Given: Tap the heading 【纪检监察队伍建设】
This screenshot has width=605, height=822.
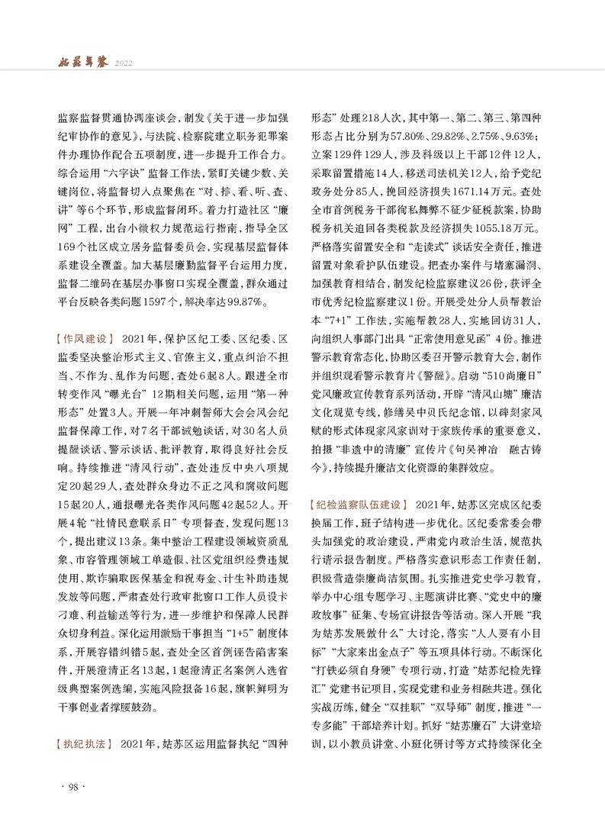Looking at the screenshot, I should coord(362,505).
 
